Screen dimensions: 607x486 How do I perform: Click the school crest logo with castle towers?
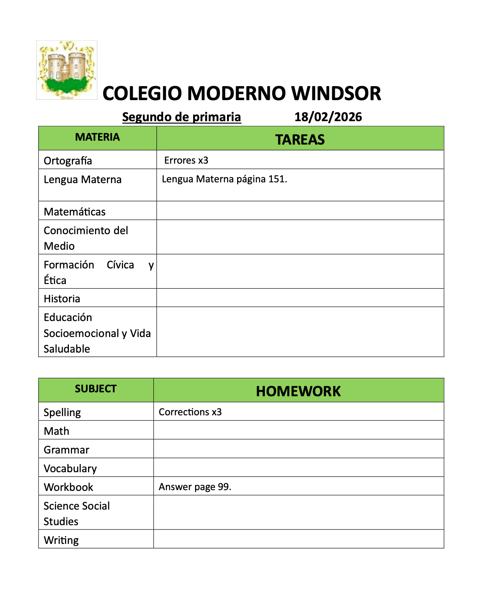67,70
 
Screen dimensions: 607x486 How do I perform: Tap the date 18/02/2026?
328,117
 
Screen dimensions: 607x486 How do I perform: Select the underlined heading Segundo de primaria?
181,117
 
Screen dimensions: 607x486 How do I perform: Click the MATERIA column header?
97,137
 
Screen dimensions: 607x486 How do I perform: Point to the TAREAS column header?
300,139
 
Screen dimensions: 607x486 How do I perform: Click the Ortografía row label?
68,161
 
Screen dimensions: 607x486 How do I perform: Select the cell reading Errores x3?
186,160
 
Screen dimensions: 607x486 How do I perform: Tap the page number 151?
277,179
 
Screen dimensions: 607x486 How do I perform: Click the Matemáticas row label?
74,212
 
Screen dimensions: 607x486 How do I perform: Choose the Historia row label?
62,298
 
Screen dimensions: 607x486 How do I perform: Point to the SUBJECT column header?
95,389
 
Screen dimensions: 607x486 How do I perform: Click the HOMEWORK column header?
298,391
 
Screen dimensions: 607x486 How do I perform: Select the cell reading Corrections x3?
190,412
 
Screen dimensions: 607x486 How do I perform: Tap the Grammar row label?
66,450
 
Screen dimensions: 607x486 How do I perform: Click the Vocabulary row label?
70,468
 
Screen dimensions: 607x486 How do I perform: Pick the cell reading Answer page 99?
195,487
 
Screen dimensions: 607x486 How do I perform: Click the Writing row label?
61,540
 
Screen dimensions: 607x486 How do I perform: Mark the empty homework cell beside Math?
298,430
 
